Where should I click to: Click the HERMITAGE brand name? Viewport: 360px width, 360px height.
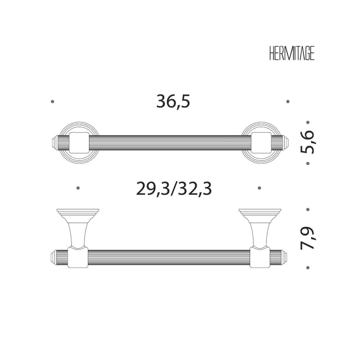click(x=292, y=54)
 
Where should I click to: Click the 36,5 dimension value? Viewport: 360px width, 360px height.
click(x=173, y=102)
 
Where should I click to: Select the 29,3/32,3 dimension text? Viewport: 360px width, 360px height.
click(x=174, y=189)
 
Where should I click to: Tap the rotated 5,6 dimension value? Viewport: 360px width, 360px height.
click(x=307, y=142)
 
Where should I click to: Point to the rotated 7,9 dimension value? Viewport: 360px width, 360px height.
click(x=307, y=238)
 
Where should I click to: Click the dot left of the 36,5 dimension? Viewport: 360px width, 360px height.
click(x=53, y=102)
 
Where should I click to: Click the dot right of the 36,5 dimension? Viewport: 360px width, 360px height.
click(x=288, y=102)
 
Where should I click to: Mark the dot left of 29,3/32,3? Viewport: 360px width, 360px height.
click(x=78, y=188)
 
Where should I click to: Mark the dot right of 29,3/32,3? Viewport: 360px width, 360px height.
click(x=260, y=188)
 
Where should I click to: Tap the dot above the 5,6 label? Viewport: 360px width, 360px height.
click(x=308, y=122)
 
